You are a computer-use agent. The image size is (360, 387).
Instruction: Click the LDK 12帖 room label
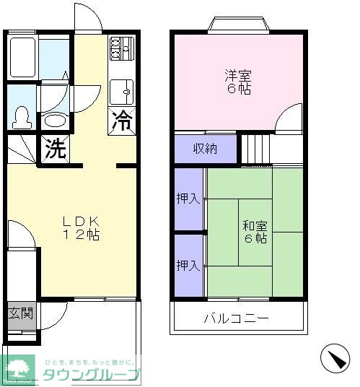[80, 228]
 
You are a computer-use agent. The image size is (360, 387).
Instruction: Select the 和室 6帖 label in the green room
[255, 231]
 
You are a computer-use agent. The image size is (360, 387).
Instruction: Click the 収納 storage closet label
[205, 149]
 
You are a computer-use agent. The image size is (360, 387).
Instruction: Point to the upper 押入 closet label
[188, 199]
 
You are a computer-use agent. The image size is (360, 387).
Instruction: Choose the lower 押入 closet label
[188, 265]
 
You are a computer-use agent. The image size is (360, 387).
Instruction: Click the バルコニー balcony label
[236, 318]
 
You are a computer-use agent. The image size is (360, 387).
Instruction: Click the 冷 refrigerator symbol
[123, 121]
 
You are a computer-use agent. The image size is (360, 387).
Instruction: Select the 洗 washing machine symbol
[54, 149]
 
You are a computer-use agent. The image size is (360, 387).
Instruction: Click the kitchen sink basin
[123, 91]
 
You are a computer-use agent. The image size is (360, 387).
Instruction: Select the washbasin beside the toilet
[54, 120]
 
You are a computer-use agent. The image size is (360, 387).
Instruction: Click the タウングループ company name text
[91, 375]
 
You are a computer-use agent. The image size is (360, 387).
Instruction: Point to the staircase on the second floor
[255, 149]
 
